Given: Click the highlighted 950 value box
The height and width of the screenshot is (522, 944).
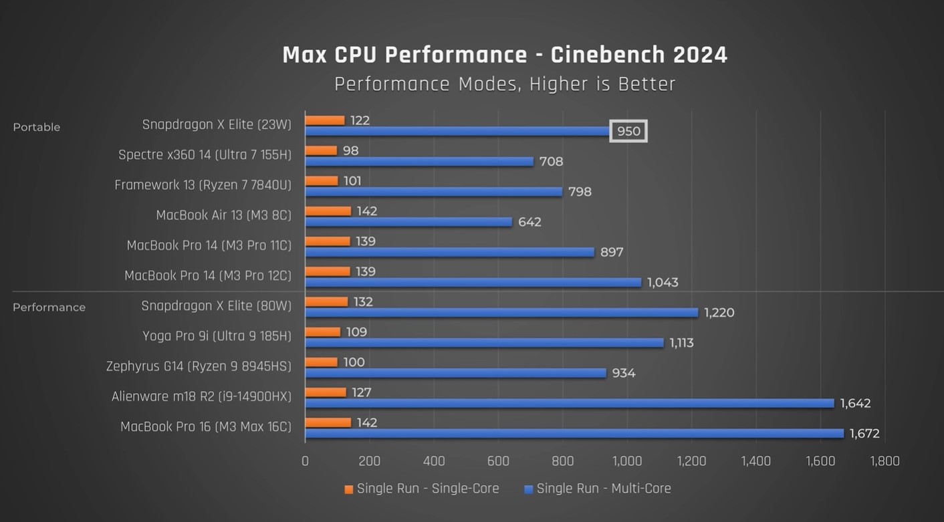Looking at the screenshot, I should pyautogui.click(x=628, y=132).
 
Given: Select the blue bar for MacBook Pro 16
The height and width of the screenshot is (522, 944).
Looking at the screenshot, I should pyautogui.click(x=575, y=434).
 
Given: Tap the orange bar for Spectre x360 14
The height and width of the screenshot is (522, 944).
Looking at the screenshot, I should pyautogui.click(x=322, y=151).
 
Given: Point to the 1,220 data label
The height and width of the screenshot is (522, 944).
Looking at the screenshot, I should pyautogui.click(x=719, y=313).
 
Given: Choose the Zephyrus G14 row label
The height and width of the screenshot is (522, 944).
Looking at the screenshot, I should pyautogui.click(x=199, y=366).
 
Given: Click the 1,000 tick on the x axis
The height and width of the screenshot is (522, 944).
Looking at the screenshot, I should pyautogui.click(x=627, y=461).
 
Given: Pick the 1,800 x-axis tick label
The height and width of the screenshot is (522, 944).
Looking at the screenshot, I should pyautogui.click(x=884, y=461).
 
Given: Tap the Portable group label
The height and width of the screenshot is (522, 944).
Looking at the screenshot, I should pyautogui.click(x=37, y=127).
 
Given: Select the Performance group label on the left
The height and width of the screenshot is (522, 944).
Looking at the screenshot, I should pyautogui.click(x=49, y=307).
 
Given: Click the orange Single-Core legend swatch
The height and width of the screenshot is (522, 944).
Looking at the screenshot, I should pyautogui.click(x=349, y=490).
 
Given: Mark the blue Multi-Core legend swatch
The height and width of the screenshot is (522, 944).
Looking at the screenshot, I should pyautogui.click(x=529, y=490).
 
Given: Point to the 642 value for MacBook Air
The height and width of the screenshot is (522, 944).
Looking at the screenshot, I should pyautogui.click(x=529, y=222).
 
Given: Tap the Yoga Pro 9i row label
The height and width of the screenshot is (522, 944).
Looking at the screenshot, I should pyautogui.click(x=217, y=336).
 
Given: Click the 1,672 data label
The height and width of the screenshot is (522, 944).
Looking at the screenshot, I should pyautogui.click(x=864, y=434).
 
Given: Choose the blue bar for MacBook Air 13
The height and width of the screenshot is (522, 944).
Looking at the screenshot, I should pyautogui.click(x=408, y=222).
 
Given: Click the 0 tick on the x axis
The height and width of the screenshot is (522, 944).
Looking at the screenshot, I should pyautogui.click(x=306, y=461).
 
